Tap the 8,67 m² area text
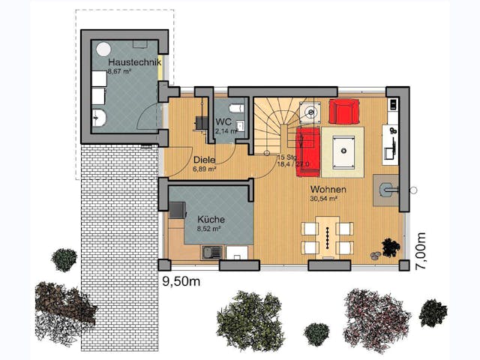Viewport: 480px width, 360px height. click(x=119, y=72)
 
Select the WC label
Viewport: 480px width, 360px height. click(x=223, y=121)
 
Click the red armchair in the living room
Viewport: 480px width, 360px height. click(x=343, y=111)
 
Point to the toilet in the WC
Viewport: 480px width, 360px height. click(x=237, y=109)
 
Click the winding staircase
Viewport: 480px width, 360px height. click(x=273, y=124)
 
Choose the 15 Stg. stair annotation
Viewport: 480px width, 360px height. click(x=286, y=158)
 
